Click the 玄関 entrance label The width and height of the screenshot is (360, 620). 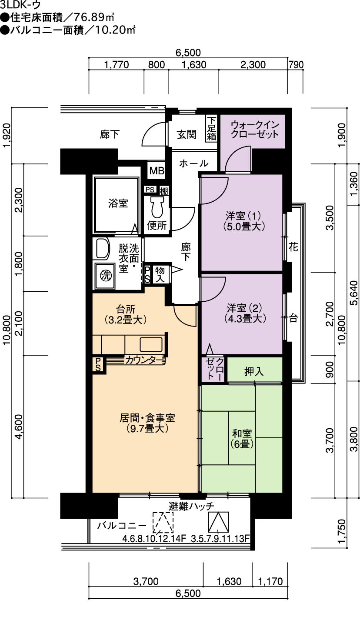point(187,134)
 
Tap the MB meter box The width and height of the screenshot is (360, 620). point(157,171)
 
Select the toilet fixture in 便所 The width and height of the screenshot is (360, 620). point(157,207)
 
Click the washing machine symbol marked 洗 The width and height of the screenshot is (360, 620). point(105,275)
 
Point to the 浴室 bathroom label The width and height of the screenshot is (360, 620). point(118,203)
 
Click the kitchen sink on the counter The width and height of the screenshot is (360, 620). point(150,344)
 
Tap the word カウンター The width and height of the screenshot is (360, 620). point(143,360)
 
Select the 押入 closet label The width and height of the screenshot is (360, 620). point(254,372)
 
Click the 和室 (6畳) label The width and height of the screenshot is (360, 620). point(242,438)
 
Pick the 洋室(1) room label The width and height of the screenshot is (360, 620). point(243,220)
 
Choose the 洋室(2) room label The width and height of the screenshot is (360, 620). point(244,313)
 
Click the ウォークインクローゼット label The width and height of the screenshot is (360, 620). point(255,129)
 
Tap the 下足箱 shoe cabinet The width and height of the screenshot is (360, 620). point(211,128)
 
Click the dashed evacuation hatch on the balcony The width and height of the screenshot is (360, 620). point(163,523)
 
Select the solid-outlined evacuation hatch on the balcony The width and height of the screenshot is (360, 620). point(219,522)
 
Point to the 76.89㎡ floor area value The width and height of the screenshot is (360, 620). point(93,18)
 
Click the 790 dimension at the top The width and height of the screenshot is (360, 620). point(296,65)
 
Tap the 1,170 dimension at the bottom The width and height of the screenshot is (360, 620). point(270,582)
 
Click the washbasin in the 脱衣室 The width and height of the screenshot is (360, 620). point(102,249)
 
